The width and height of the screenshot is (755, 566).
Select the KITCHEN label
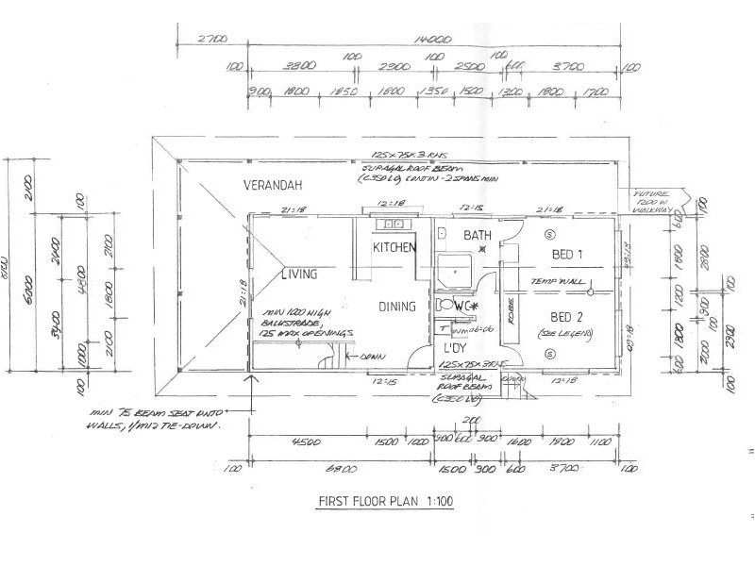(394, 248)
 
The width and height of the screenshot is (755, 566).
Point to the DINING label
(397, 307)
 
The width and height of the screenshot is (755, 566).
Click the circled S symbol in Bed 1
(551, 233)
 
